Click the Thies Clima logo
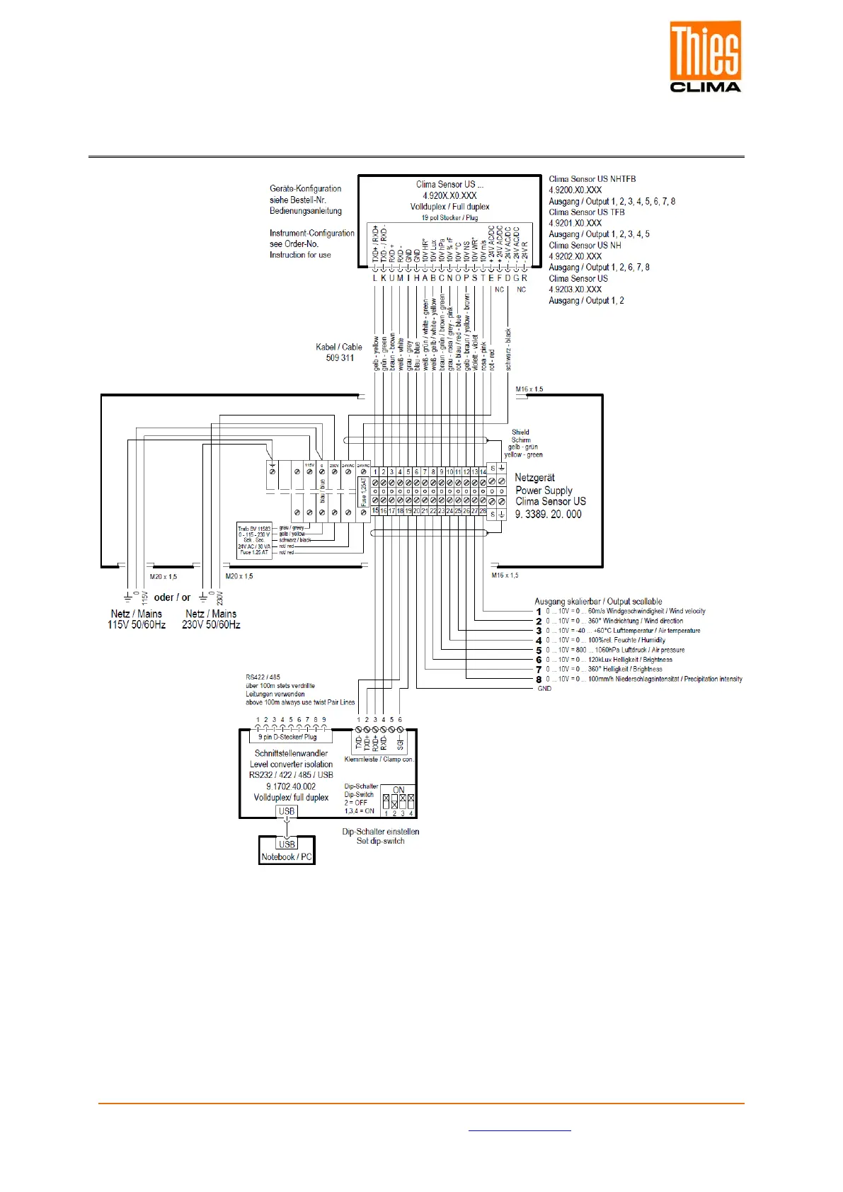[x=705, y=57]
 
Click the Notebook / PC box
[x=287, y=856]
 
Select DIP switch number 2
[x=394, y=802]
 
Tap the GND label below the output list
[x=544, y=689]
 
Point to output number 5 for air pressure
[x=539, y=650]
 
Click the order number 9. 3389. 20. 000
[x=549, y=515]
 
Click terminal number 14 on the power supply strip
[x=483, y=471]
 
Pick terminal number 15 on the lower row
[x=375, y=510]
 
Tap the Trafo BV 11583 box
[x=255, y=540]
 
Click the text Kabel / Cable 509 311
[x=339, y=353]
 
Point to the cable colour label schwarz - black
[x=508, y=349]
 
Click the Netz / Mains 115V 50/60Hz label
[x=137, y=619]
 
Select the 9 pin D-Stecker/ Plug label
[x=287, y=737]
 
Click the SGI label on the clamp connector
[x=401, y=742]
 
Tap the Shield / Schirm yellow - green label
[x=522, y=443]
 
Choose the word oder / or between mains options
[x=172, y=597]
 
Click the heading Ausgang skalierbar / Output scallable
[x=598, y=601]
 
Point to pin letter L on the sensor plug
[x=375, y=278]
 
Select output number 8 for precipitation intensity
[x=539, y=679]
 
